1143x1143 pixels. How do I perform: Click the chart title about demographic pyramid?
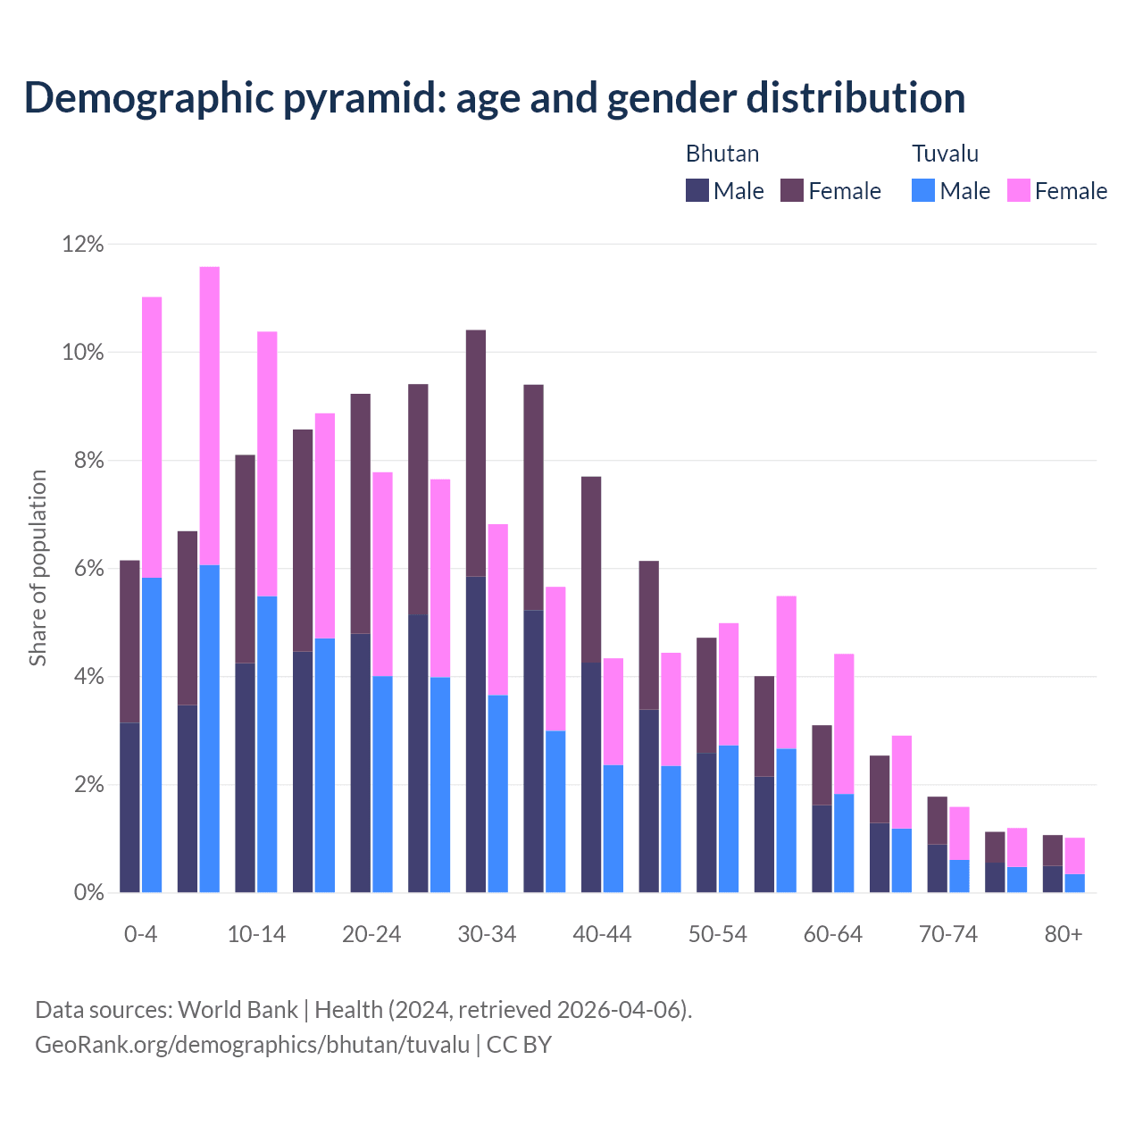[495, 98]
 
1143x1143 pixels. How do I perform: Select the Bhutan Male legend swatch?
[697, 190]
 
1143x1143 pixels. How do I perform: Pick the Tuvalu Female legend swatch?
[1018, 190]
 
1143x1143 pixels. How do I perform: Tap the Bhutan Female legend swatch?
[792, 190]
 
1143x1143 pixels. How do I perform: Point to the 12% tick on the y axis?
[83, 244]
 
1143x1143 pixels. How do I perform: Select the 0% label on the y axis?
[88, 893]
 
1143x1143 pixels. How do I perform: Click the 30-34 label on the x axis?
[487, 934]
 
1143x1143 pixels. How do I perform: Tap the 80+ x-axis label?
[1064, 934]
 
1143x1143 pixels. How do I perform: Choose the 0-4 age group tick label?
[141, 934]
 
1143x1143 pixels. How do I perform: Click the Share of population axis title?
[38, 568]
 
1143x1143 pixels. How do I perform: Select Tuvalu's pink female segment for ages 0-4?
[152, 438]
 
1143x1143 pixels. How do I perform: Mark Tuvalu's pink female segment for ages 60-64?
[844, 723]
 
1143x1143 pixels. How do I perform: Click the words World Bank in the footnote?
[238, 1010]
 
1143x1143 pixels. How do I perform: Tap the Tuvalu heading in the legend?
[945, 154]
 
